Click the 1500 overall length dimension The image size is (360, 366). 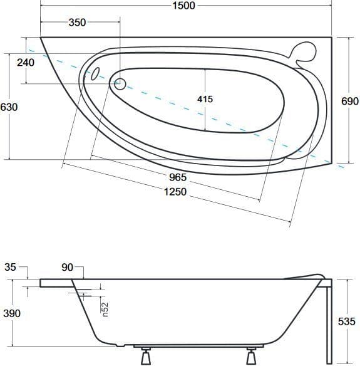183,6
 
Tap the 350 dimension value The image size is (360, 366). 77,23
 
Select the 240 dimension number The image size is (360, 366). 26,63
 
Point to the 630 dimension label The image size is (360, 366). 9,107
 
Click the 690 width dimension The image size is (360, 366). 350,102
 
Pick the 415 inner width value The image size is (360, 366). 205,99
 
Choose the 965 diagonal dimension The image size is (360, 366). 178,177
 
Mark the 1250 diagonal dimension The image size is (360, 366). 175,192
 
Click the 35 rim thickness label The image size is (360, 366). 10,267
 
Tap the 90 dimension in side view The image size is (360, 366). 68,268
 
